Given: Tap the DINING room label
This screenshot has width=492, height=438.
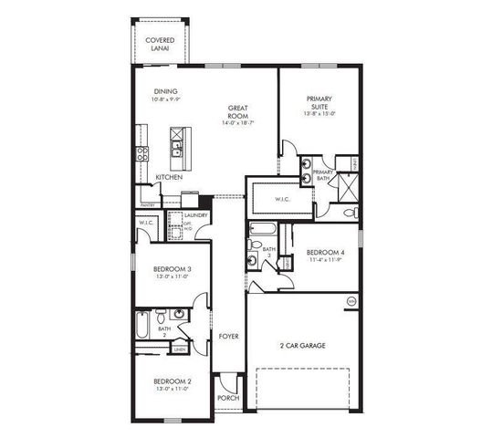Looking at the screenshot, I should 165,90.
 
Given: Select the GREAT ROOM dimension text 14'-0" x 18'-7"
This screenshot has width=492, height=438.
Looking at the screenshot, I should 238,123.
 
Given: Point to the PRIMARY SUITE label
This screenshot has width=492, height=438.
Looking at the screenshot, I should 319,102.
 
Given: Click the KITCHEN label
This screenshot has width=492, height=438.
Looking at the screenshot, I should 169,177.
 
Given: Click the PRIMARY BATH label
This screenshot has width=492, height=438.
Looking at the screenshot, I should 323,175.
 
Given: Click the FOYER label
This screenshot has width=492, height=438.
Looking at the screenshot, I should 228,336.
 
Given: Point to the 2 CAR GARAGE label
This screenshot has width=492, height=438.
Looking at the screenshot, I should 302,346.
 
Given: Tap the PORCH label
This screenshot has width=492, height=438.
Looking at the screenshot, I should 227,398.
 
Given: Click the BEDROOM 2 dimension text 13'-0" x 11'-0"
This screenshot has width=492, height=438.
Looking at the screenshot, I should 172,388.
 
